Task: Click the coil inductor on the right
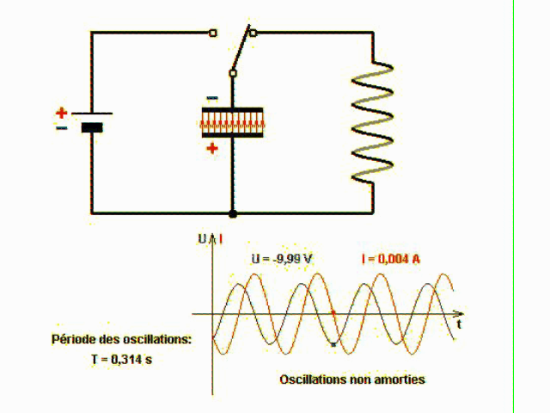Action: [x=372, y=120]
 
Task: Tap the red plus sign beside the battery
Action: [x=61, y=112]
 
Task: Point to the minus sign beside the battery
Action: [x=61, y=127]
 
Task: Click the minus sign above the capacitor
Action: [x=212, y=97]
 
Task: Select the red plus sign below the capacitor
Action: [x=212, y=148]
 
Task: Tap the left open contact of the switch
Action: [x=213, y=34]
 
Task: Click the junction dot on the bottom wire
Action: [x=232, y=213]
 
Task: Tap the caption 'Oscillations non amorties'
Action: [x=352, y=379]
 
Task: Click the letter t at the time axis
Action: [x=460, y=325]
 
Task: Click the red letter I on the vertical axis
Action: [x=222, y=238]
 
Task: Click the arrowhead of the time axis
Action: [x=461, y=313]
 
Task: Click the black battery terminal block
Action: [x=91, y=127]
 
